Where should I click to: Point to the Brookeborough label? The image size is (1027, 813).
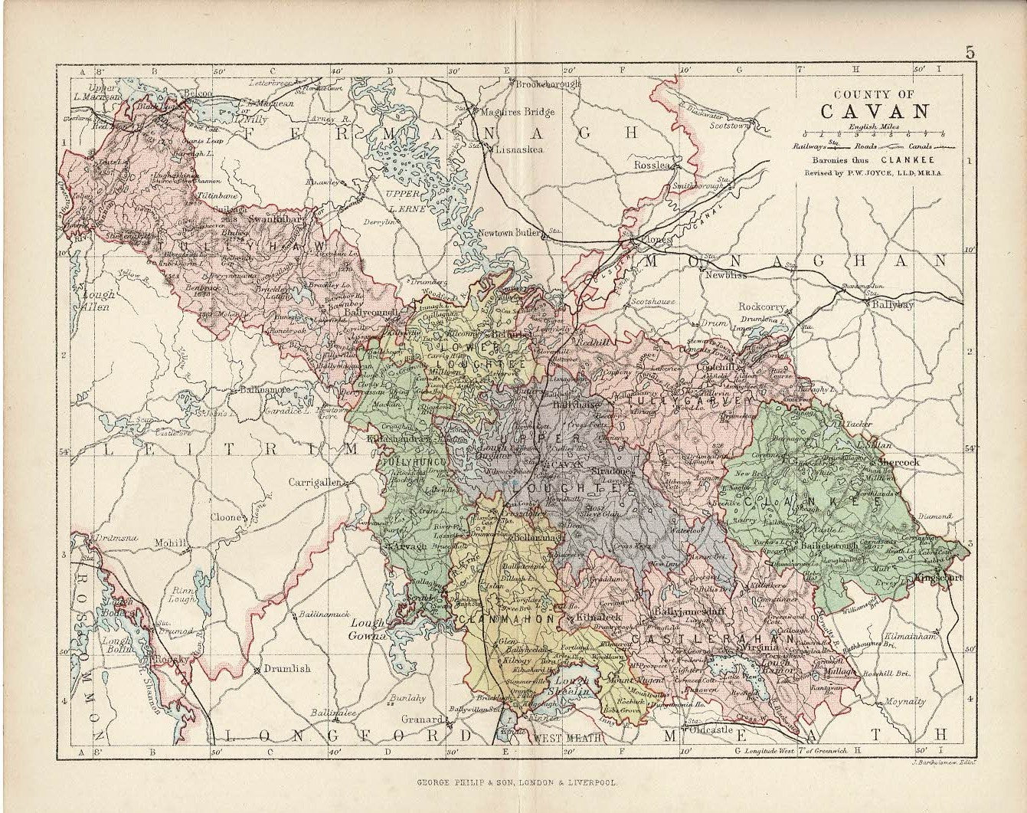click(548, 84)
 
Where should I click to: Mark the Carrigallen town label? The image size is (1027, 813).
click(315, 484)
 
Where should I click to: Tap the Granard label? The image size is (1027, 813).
click(423, 720)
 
